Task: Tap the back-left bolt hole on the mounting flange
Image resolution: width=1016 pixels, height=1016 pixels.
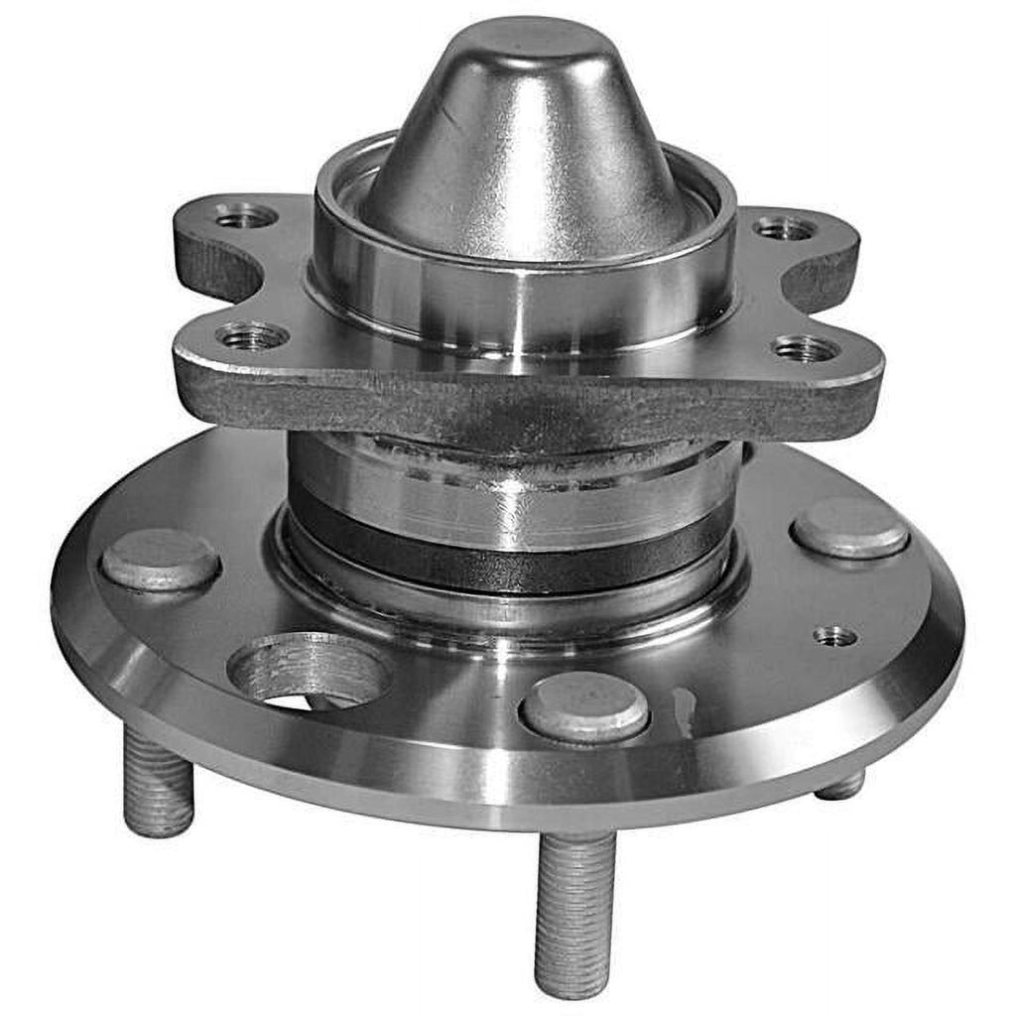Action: [x=244, y=215]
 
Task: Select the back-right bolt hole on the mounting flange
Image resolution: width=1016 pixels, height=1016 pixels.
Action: [x=785, y=229]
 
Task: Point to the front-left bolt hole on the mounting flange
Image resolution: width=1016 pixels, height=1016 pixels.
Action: [x=252, y=337]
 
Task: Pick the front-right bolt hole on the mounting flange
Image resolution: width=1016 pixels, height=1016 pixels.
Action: [x=805, y=348]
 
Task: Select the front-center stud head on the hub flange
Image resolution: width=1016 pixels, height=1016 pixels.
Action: [x=585, y=705]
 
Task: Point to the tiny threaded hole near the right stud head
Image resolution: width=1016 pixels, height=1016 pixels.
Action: [x=835, y=636]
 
